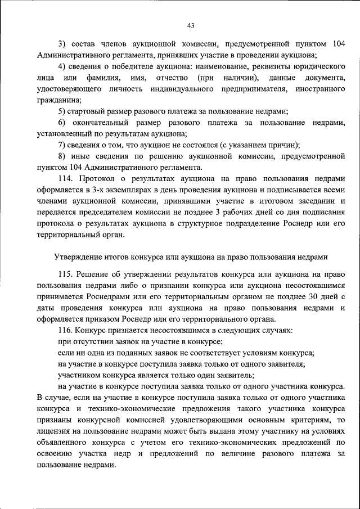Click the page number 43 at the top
[x=190, y=25]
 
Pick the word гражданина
[x=59, y=100]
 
